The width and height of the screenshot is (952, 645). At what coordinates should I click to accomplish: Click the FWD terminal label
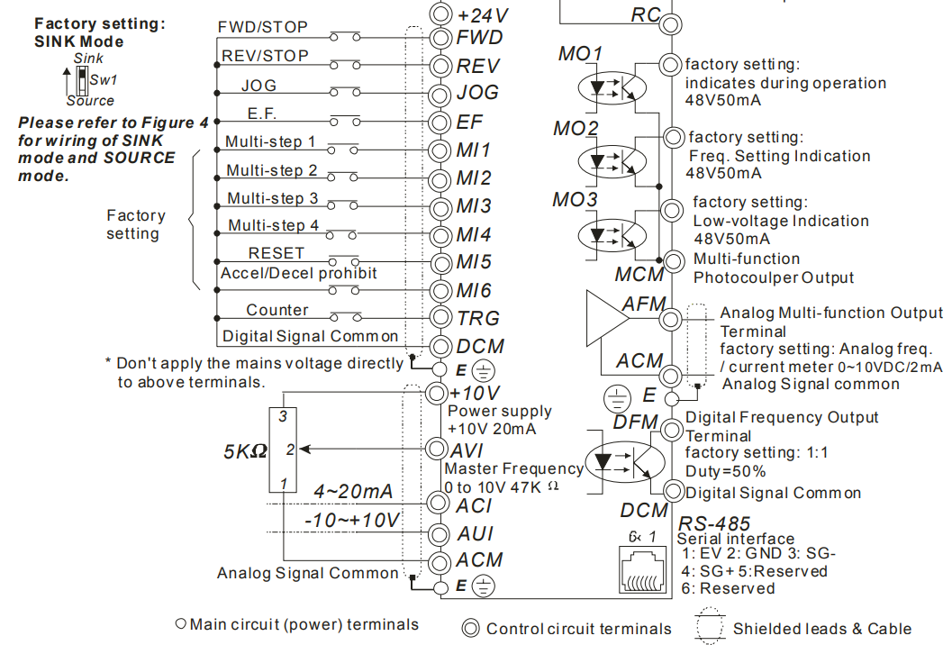click(x=479, y=38)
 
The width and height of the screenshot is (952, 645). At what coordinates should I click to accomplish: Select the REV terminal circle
click(x=440, y=66)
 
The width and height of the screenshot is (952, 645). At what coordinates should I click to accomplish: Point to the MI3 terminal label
click(x=474, y=206)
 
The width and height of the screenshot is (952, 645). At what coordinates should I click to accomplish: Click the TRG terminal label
click(x=477, y=318)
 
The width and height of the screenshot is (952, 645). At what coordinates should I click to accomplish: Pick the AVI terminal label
click(x=471, y=450)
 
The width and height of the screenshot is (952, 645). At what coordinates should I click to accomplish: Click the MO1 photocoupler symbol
click(x=612, y=88)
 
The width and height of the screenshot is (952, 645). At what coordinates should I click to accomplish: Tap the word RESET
click(x=277, y=253)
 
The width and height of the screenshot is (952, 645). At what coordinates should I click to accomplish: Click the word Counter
click(x=277, y=310)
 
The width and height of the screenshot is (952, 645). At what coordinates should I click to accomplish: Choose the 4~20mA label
click(x=353, y=491)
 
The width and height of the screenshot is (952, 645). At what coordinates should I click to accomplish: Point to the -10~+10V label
click(x=352, y=520)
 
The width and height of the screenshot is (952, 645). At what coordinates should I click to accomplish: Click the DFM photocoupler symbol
click(x=623, y=462)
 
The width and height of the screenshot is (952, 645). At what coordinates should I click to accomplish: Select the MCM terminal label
click(x=639, y=274)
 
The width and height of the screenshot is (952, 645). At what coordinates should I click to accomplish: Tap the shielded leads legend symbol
click(x=712, y=628)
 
